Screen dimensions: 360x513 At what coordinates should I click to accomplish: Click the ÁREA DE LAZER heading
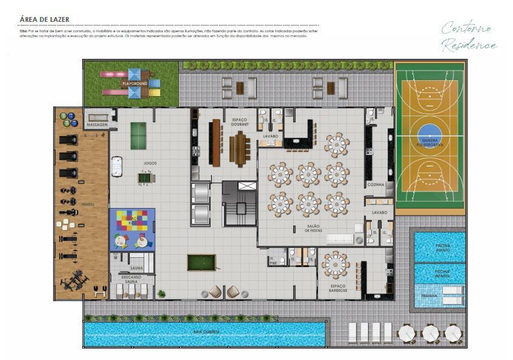(x=44, y=19)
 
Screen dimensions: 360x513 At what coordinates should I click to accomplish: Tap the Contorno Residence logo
(x=469, y=36)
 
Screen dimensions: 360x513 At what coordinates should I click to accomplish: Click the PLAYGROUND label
(x=134, y=83)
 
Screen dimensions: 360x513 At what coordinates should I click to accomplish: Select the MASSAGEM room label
(x=97, y=125)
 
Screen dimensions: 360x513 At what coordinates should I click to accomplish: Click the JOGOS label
(x=150, y=163)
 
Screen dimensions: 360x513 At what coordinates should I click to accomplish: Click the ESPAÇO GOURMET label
(x=239, y=122)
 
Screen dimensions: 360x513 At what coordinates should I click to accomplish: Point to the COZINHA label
(x=375, y=184)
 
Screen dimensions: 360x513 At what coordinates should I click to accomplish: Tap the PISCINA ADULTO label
(x=442, y=248)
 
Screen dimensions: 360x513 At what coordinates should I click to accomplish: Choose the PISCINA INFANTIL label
(x=442, y=274)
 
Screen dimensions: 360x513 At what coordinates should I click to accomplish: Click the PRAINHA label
(x=429, y=296)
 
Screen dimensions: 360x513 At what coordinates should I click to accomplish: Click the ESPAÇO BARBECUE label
(x=338, y=288)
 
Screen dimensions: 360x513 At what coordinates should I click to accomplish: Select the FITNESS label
(x=88, y=204)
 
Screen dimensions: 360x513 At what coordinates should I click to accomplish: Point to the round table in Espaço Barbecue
(x=335, y=264)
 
